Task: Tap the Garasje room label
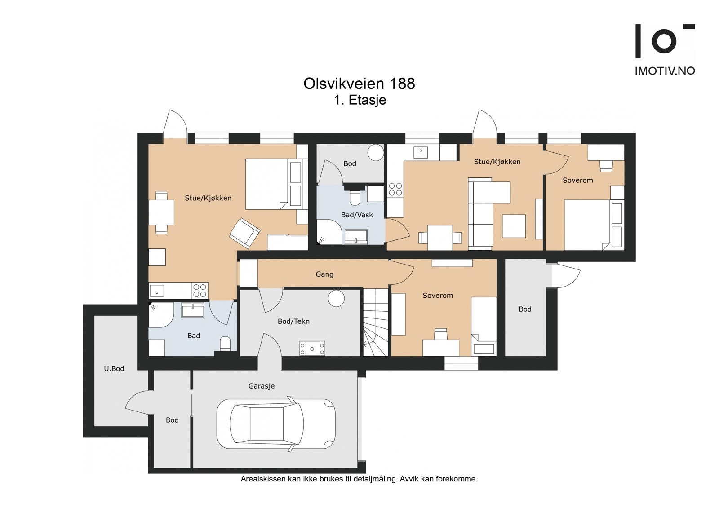click(x=262, y=386)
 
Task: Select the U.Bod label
click(x=114, y=369)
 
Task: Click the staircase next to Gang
click(x=376, y=322)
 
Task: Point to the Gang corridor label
click(x=324, y=274)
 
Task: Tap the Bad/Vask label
click(x=357, y=215)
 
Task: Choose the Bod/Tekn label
click(x=294, y=322)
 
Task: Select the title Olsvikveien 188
click(x=359, y=84)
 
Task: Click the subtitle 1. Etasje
click(x=360, y=100)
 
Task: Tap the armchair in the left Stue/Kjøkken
click(x=244, y=233)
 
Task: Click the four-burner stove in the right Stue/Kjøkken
click(x=395, y=189)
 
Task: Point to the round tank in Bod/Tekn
click(x=336, y=298)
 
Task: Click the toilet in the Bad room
click(x=225, y=344)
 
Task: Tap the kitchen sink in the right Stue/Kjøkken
click(x=421, y=152)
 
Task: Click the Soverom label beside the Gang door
click(x=438, y=296)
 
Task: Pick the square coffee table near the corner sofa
click(x=514, y=226)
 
